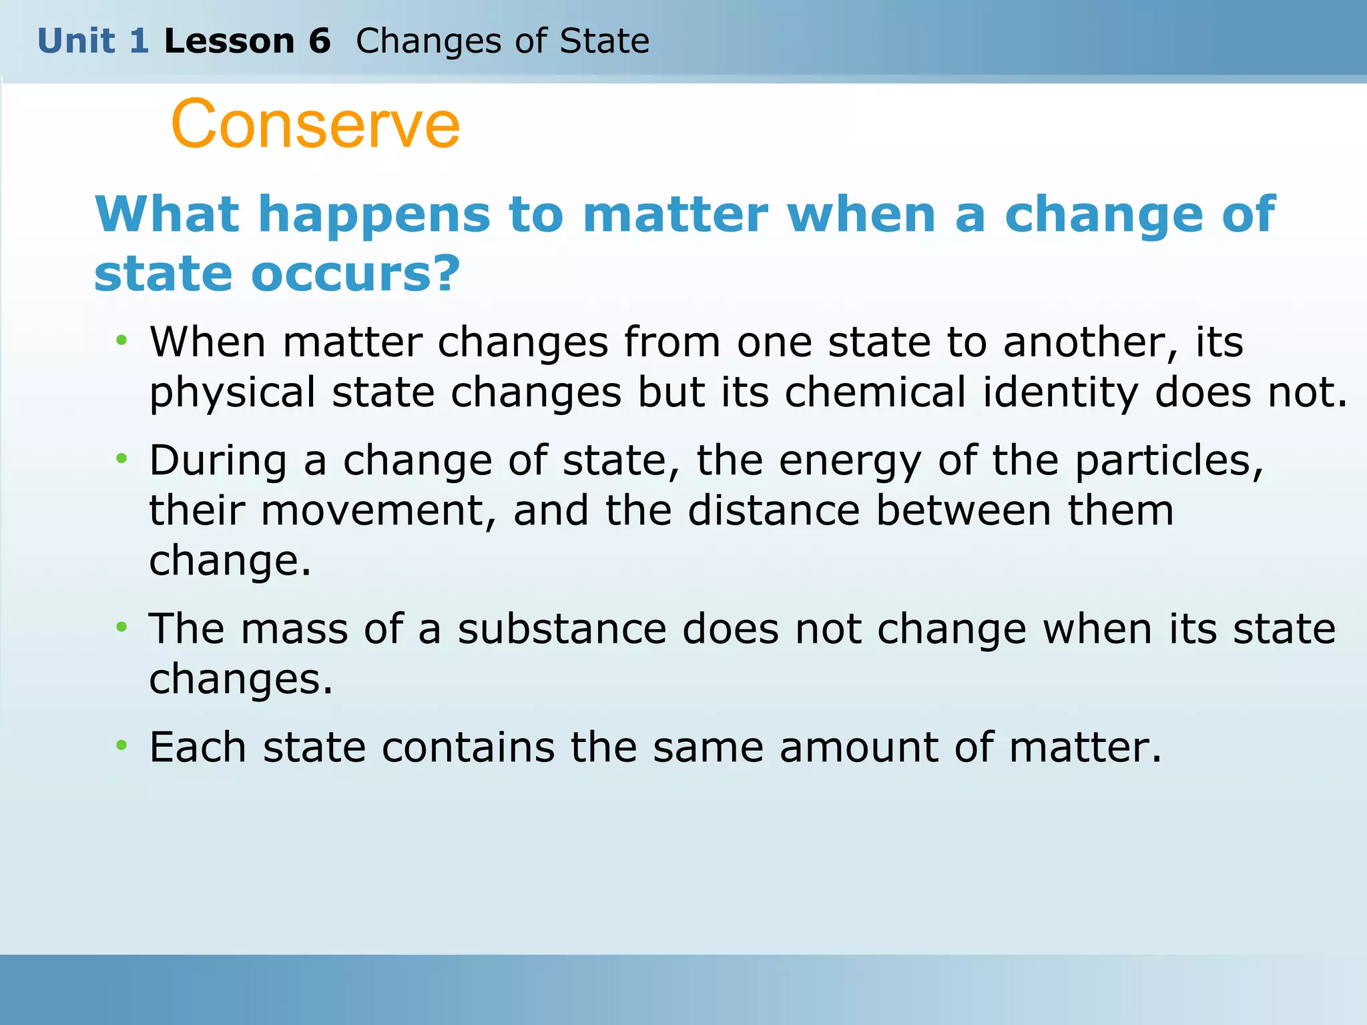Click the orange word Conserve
click(x=315, y=125)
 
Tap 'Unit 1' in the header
click(x=93, y=41)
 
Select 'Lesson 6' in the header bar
click(x=247, y=41)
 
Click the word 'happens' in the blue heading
click(x=374, y=215)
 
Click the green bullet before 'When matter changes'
click(x=121, y=341)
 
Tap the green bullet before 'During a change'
click(x=121, y=459)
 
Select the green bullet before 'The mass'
click(x=121, y=627)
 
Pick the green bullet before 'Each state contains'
click(x=121, y=745)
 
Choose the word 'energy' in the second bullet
click(x=850, y=460)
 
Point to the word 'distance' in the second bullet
click(x=774, y=510)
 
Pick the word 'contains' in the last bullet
click(x=468, y=747)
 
